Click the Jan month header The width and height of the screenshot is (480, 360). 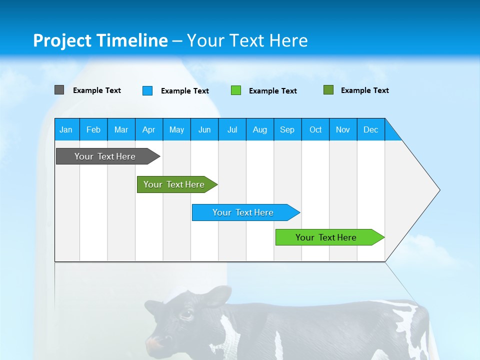click(66, 129)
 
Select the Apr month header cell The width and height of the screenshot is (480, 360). click(148, 129)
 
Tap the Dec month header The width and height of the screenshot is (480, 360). click(370, 129)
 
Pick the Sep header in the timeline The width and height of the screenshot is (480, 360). click(287, 129)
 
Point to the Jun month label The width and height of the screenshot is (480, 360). click(204, 129)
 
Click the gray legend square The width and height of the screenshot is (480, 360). click(59, 90)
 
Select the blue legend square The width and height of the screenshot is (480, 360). click(147, 90)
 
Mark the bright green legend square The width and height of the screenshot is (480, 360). click(236, 90)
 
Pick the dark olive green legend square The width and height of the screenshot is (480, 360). click(328, 90)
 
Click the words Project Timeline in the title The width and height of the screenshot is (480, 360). click(100, 40)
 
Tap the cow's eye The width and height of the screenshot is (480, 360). click(186, 314)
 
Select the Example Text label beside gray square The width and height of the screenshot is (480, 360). click(97, 90)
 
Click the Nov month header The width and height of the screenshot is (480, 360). click(342, 129)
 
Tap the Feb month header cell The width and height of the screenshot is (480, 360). click(93, 129)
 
